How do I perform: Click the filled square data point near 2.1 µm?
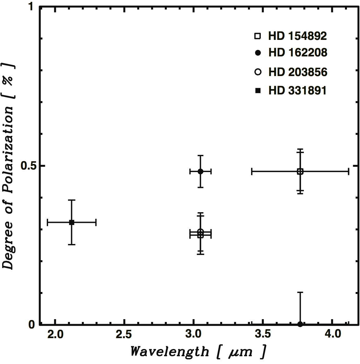click(72, 222)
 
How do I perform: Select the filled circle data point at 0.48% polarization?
click(201, 171)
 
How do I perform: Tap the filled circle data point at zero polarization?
click(300, 324)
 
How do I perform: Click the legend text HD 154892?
click(297, 36)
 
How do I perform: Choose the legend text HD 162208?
click(298, 52)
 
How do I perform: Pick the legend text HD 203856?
click(298, 72)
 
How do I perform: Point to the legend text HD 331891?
click(297, 91)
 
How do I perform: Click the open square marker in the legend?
click(258, 36)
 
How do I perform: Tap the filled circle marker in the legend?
click(258, 53)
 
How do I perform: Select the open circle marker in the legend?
click(258, 72)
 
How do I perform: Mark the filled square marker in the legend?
click(258, 91)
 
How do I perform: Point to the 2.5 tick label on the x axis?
click(124, 334)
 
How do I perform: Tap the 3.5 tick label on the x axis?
click(263, 334)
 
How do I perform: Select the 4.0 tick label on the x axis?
click(333, 334)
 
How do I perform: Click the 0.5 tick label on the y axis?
click(28, 165)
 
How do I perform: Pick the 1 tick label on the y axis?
click(31, 7)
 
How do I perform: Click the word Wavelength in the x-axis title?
click(169, 352)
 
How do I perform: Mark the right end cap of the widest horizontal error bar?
click(348, 171)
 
